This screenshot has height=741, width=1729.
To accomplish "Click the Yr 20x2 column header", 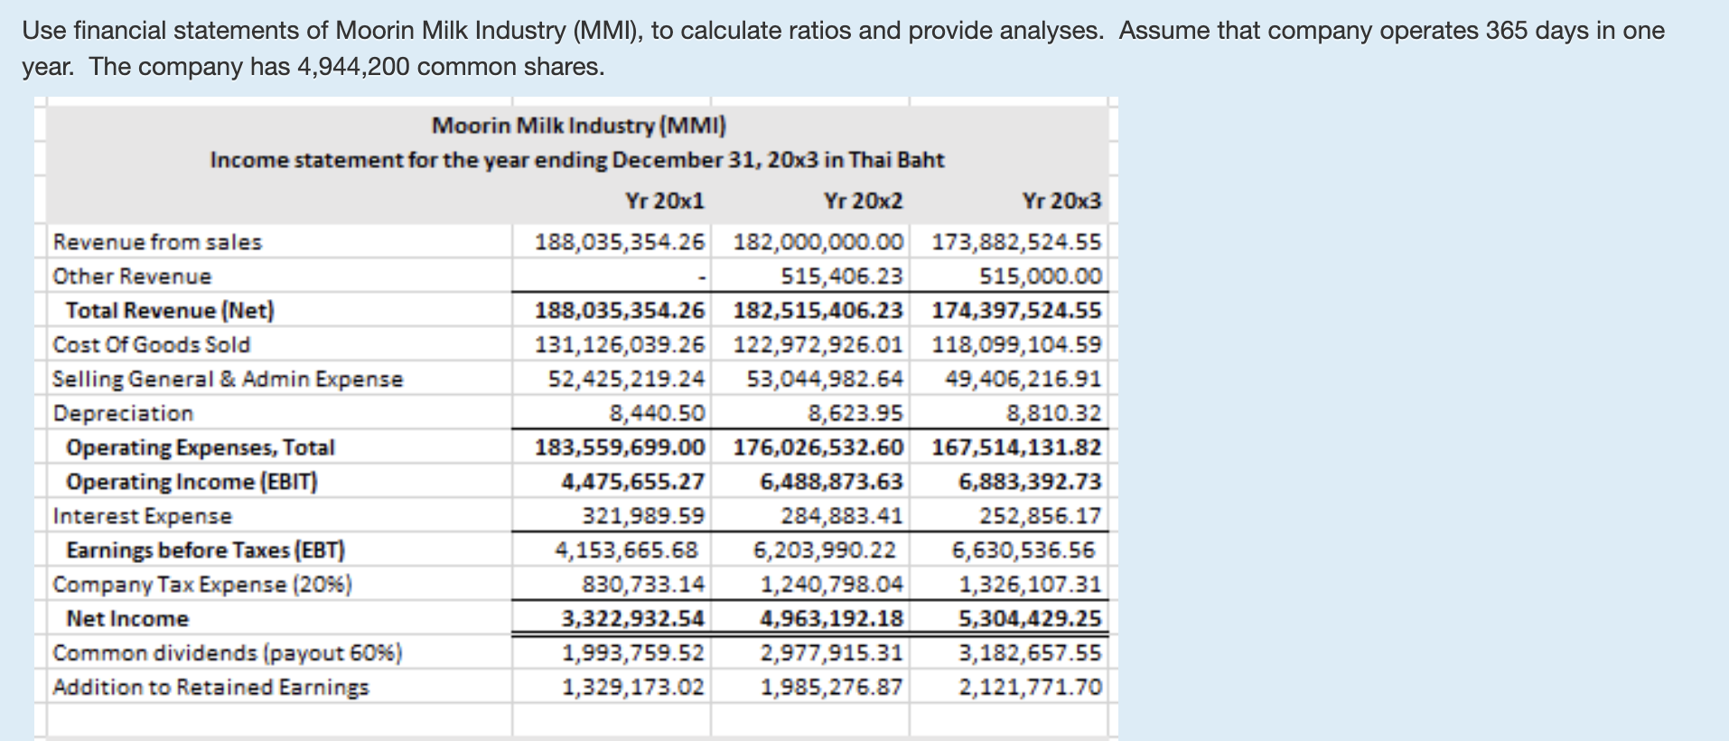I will pos(863,201).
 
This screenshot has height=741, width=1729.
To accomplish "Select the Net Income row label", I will pos(127,619).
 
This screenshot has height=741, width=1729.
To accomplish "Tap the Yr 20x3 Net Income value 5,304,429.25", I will pos(1030,619).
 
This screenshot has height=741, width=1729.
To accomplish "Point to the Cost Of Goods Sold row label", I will pos(151,344).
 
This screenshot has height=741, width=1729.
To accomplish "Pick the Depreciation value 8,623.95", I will pos(855,413).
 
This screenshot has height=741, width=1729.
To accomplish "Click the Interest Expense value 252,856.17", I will pos(1041,516).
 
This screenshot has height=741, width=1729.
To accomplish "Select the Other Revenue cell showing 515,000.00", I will pos(1041,277).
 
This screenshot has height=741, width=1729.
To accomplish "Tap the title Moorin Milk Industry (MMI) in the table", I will pos(578,125).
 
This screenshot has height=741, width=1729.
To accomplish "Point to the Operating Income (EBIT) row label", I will pos(192,482).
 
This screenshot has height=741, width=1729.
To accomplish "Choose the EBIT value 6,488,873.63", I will pos(831,482).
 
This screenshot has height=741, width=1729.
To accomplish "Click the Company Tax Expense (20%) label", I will pos(202,585).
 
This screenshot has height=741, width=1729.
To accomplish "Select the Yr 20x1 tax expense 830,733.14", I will pos(643,585).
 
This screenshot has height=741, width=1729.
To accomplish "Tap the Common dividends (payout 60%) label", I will pos(228,652).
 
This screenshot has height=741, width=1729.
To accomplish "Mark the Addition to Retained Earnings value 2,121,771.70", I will pos(1030,688).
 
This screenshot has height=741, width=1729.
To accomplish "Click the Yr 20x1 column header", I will pos(664,201).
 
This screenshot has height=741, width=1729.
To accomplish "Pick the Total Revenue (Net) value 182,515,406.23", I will pos(818,311).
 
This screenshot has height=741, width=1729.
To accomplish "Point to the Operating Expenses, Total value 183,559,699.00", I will pos(619,447).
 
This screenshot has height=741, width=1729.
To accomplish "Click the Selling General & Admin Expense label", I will pos(228,379).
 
